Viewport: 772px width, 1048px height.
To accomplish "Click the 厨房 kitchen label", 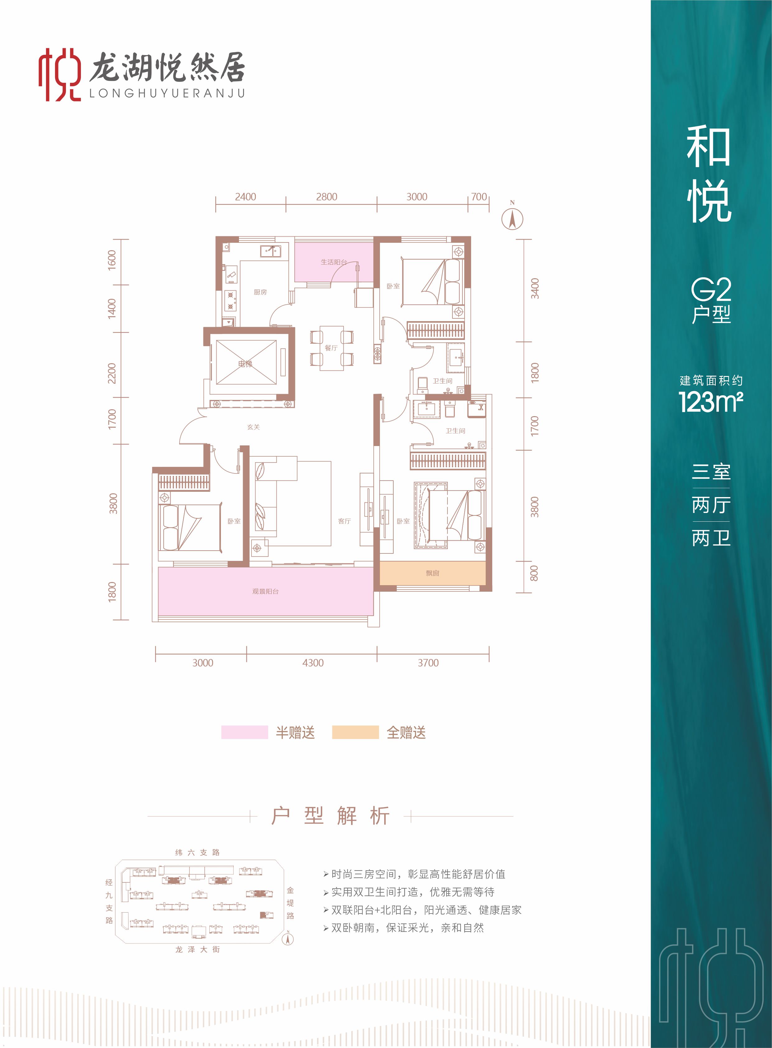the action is (x=260, y=292).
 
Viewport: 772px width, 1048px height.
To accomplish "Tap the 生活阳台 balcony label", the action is (x=334, y=262).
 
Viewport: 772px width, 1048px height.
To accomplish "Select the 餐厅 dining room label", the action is (x=331, y=348).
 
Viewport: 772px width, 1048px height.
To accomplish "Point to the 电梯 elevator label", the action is (x=245, y=364).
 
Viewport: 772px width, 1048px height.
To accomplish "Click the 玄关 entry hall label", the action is (x=253, y=427).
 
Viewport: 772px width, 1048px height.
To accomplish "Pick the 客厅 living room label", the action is (x=344, y=521).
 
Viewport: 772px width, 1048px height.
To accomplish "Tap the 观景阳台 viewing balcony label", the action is (x=265, y=591).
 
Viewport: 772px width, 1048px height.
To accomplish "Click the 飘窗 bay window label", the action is (x=432, y=573).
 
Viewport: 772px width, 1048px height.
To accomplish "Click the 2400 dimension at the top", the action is (x=245, y=197).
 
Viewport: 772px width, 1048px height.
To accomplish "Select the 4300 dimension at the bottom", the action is (x=313, y=663).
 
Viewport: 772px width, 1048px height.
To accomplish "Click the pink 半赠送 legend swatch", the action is (x=244, y=732).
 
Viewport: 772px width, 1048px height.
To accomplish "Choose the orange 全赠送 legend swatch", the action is (x=355, y=732).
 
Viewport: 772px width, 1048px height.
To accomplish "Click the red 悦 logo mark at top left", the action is (x=59, y=75).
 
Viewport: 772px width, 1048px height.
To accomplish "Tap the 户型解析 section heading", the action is (x=330, y=816).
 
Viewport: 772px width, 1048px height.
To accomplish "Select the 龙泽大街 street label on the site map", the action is (x=197, y=949).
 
